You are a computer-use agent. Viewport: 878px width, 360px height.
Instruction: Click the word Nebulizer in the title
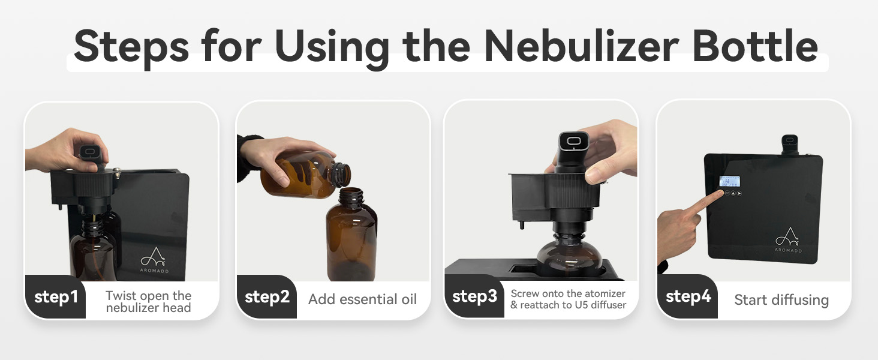click(x=582, y=46)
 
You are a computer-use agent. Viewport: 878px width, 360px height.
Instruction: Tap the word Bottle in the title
click(x=755, y=46)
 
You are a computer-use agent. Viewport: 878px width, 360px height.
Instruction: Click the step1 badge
click(x=56, y=297)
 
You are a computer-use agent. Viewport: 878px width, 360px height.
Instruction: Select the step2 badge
click(x=267, y=297)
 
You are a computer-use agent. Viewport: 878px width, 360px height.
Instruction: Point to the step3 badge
click(x=474, y=296)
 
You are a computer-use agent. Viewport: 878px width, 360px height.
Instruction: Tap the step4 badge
click(x=688, y=296)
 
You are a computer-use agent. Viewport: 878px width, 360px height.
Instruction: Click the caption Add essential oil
click(x=362, y=299)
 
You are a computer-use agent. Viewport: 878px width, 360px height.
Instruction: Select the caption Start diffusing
click(x=781, y=300)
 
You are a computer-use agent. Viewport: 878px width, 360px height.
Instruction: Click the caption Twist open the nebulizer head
click(x=149, y=302)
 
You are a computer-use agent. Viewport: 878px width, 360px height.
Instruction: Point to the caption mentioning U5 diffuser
click(x=569, y=299)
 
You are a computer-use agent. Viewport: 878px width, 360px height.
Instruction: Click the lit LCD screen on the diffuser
click(x=729, y=181)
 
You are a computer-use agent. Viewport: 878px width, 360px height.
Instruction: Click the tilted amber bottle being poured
click(x=305, y=175)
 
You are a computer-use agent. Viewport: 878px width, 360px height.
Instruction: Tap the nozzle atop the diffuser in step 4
click(x=789, y=145)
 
